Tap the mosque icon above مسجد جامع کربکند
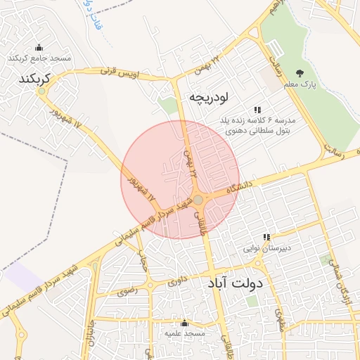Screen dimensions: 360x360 (x=38, y=48)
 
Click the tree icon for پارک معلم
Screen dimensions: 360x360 (x=301, y=74)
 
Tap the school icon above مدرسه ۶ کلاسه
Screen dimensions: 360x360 (x=257, y=110)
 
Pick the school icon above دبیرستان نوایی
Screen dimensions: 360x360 (x=266, y=237)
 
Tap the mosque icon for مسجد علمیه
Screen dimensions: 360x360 (x=185, y=323)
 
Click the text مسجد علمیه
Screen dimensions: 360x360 (x=185, y=333)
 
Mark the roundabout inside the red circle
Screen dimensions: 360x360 (x=198, y=201)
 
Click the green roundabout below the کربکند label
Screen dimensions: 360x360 (x=41, y=91)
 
